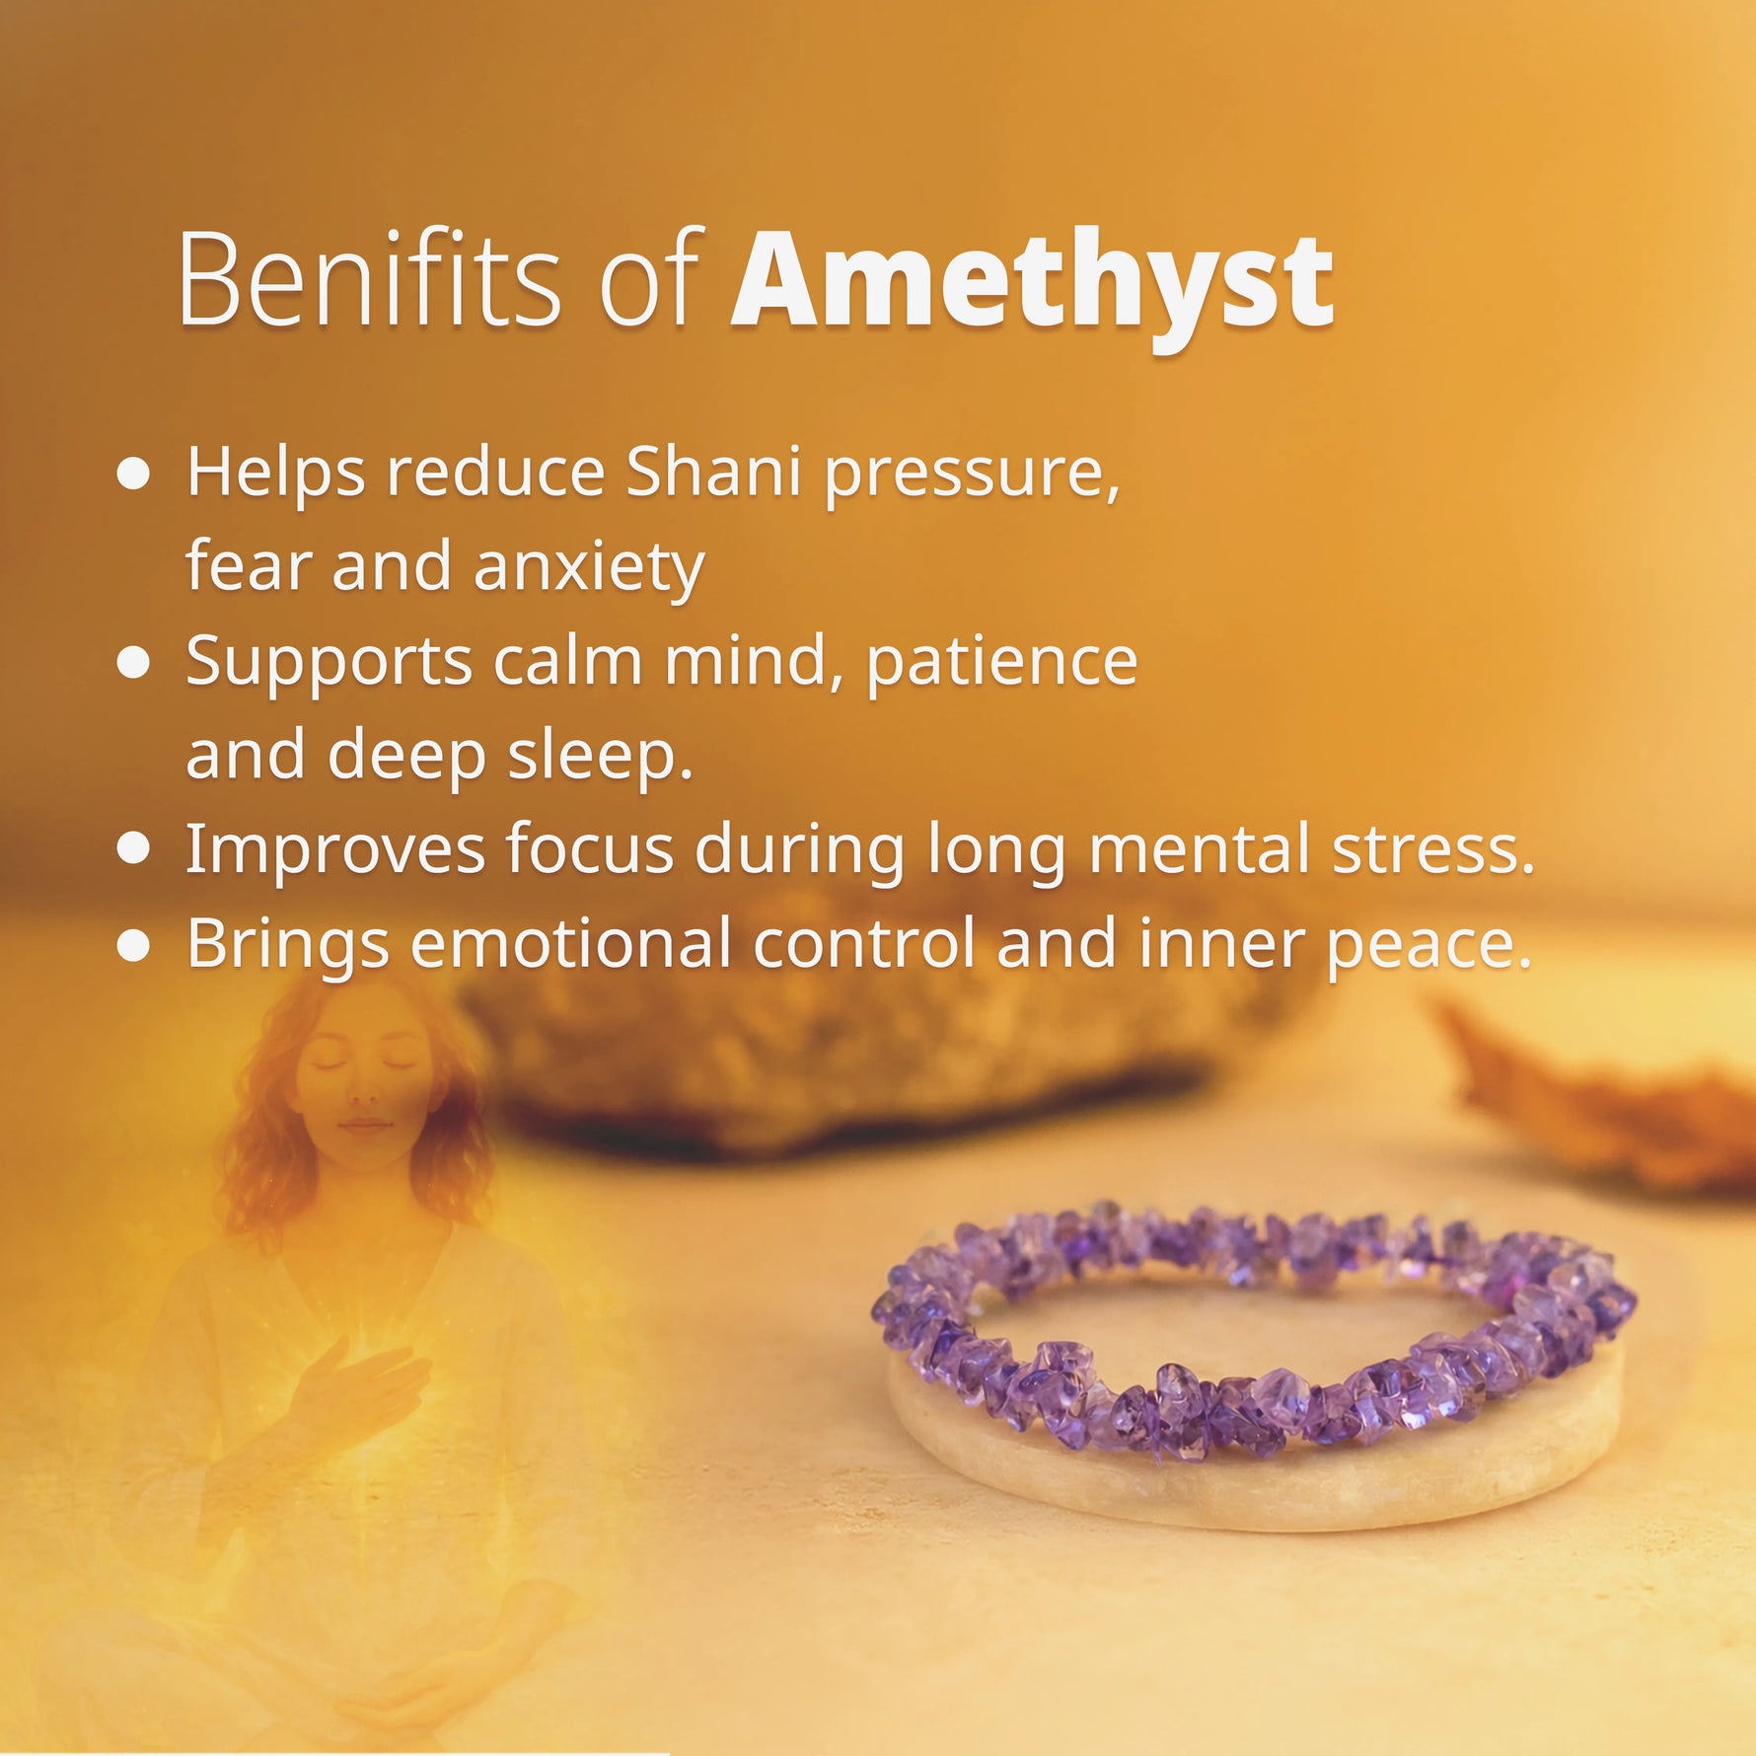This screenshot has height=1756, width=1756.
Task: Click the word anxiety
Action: (x=589, y=567)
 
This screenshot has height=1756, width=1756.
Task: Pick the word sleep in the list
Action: (x=600, y=756)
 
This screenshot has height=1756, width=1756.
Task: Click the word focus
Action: (x=589, y=848)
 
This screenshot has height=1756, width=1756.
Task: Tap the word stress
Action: (x=1433, y=848)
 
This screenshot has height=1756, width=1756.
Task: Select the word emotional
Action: (x=570, y=943)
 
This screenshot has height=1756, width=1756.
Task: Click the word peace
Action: (x=1428, y=945)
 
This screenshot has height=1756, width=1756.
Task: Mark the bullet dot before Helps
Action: (x=133, y=474)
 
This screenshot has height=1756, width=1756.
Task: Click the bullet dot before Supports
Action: (x=133, y=662)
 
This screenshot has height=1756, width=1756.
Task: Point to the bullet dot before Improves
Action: (x=133, y=848)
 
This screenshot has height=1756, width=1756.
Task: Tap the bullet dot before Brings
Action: (x=133, y=944)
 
